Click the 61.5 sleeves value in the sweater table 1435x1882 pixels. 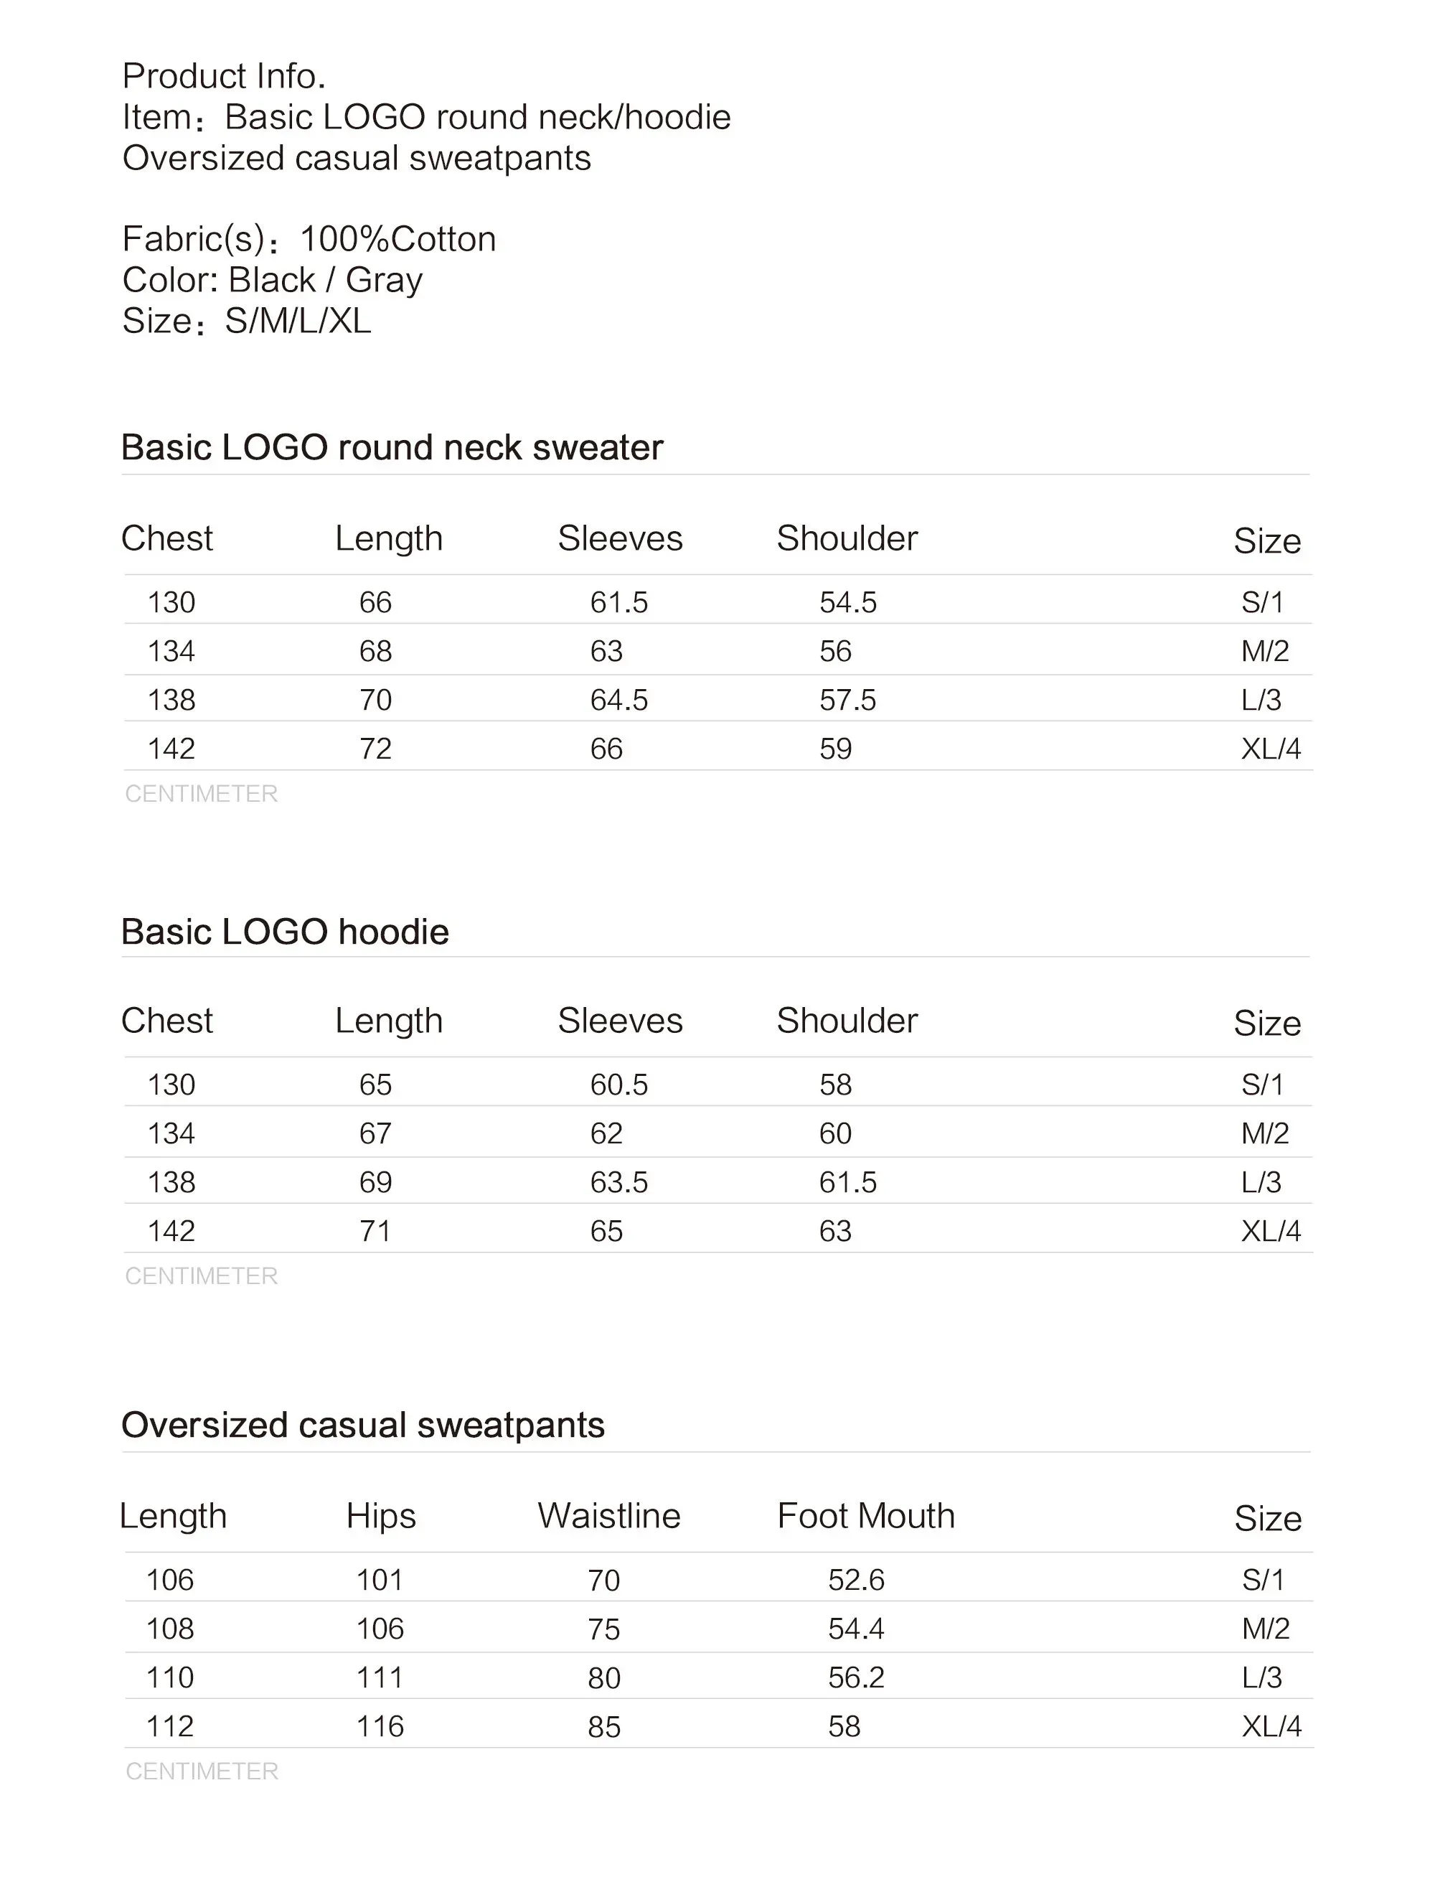[618, 602]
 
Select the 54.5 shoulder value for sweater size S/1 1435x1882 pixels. [847, 602]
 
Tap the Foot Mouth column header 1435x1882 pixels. [865, 1515]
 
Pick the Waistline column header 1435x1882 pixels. [609, 1515]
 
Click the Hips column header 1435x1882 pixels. [381, 1515]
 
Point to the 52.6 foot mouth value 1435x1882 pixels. [856, 1580]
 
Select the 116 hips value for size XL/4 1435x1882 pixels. [380, 1726]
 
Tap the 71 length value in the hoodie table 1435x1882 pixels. [375, 1231]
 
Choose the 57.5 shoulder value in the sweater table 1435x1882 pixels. [847, 700]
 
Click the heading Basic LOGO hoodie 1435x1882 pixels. [284, 931]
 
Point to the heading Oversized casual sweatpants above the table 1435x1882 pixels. [362, 1425]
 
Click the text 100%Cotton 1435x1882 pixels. [398, 239]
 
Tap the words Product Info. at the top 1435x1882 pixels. [224, 76]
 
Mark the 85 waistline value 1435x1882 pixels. [604, 1726]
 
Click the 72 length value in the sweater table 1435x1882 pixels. [375, 749]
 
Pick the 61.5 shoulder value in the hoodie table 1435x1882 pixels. [847, 1182]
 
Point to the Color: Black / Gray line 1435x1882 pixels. [272, 280]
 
